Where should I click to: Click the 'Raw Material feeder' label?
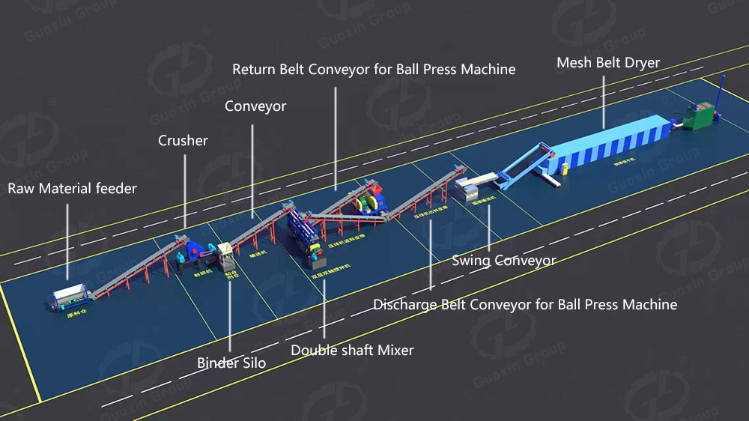pyautogui.click(x=73, y=189)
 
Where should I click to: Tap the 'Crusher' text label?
pyautogui.click(x=183, y=140)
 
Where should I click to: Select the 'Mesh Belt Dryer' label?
pyautogui.click(x=607, y=63)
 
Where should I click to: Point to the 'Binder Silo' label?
pyautogui.click(x=231, y=363)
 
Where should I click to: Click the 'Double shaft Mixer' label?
pyautogui.click(x=352, y=350)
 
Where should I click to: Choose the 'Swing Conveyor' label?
pyautogui.click(x=503, y=261)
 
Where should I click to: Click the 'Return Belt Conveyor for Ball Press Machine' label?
pyautogui.click(x=374, y=70)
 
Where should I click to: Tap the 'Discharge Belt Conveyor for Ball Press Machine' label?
pyautogui.click(x=525, y=305)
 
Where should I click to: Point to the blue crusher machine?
pyautogui.click(x=192, y=250)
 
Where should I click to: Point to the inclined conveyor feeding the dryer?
pyautogui.click(x=527, y=159)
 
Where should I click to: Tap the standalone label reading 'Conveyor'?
pyautogui.click(x=255, y=107)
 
